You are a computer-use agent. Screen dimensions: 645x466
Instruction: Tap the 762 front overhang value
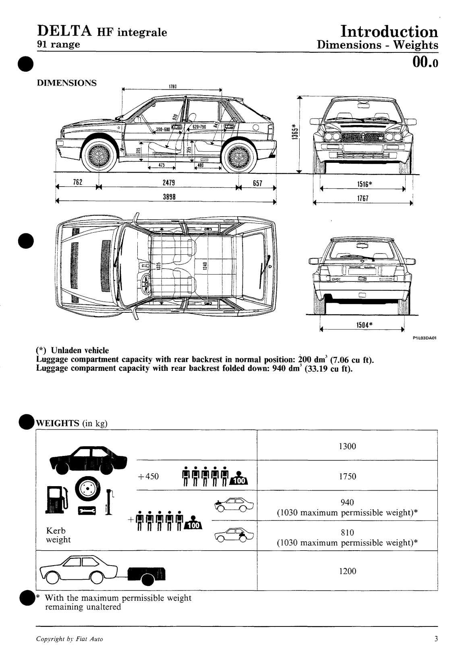77,182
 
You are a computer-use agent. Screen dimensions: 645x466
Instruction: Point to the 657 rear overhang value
257,183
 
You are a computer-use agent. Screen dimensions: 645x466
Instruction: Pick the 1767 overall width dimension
363,198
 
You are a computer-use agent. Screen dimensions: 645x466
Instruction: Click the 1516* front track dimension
364,185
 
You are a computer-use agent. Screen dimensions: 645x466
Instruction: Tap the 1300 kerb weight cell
347,446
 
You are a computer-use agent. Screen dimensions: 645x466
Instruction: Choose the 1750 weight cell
347,476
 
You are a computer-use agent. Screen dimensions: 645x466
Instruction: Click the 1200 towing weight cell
347,571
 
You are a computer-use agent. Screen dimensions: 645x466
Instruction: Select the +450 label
148,476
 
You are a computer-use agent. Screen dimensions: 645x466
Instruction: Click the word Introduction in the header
389,32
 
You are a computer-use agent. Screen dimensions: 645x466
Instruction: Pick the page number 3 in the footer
436,639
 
